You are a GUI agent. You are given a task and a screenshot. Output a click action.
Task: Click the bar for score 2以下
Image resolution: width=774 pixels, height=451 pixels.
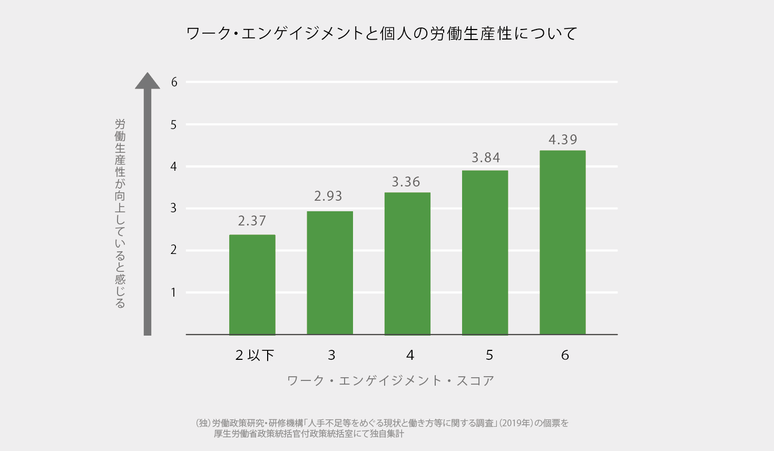pyautogui.click(x=252, y=285)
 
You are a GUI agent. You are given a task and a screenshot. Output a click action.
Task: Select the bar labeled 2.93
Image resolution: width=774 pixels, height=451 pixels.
pyautogui.click(x=330, y=273)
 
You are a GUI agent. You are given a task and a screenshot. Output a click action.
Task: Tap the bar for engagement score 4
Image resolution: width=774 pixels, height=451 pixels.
pyautogui.click(x=407, y=263)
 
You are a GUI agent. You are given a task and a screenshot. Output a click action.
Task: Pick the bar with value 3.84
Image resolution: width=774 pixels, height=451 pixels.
pyautogui.click(x=485, y=252)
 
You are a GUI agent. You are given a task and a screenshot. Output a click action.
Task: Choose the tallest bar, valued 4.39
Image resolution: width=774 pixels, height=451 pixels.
pyautogui.click(x=562, y=242)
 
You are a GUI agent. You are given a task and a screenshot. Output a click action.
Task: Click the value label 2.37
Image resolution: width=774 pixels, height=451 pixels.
pyautogui.click(x=252, y=221)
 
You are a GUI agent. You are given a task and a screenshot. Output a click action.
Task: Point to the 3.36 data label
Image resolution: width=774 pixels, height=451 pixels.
pyautogui.click(x=406, y=182)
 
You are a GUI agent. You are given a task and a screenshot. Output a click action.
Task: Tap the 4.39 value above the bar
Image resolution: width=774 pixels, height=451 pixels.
pyautogui.click(x=563, y=140)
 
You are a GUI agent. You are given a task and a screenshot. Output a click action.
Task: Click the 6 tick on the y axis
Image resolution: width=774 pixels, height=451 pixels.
pyautogui.click(x=174, y=82)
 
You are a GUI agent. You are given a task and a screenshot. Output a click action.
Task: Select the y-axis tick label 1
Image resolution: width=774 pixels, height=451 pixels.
pyautogui.click(x=173, y=292)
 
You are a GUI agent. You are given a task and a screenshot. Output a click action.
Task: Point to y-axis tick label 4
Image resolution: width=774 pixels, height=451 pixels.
pyautogui.click(x=173, y=166)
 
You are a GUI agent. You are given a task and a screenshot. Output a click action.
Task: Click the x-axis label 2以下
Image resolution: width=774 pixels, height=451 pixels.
pyautogui.click(x=254, y=355)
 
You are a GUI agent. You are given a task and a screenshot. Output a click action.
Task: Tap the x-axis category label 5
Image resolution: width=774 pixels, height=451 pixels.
pyautogui.click(x=489, y=355)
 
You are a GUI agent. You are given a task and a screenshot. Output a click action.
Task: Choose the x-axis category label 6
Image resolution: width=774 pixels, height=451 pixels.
pyautogui.click(x=565, y=355)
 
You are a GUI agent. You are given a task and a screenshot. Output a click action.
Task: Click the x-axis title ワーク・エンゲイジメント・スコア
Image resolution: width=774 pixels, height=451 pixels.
pyautogui.click(x=390, y=380)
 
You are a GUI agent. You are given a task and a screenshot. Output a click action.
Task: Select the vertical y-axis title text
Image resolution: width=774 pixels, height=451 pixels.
pyautogui.click(x=120, y=213)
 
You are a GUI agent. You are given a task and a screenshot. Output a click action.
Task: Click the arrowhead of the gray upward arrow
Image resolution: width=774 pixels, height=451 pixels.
pyautogui.click(x=148, y=81)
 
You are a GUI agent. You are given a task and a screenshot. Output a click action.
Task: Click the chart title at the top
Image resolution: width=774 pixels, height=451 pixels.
pyautogui.click(x=382, y=34)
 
